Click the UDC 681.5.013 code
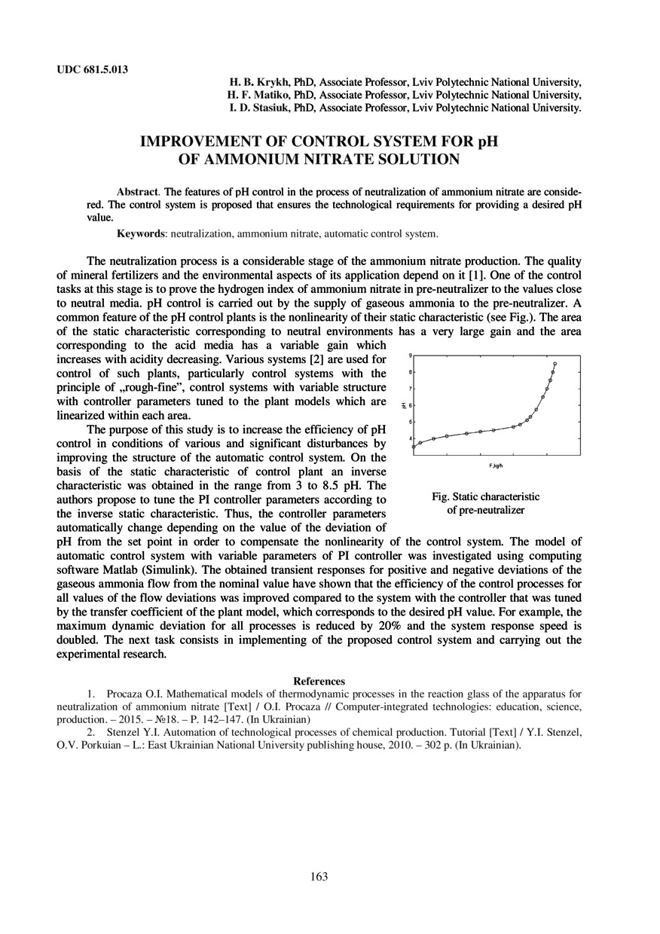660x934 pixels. pos(93,70)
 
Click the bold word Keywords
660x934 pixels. pos(142,233)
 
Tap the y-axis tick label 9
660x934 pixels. pos(410,355)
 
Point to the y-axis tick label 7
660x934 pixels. pos(410,389)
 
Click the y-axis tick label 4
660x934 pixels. pos(410,438)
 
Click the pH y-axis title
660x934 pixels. pos(404,405)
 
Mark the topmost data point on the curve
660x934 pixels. pos(555,364)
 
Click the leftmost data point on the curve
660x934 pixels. pos(414,447)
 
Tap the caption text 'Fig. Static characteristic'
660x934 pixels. pos(485,497)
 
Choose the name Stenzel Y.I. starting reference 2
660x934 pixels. pos(135,731)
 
